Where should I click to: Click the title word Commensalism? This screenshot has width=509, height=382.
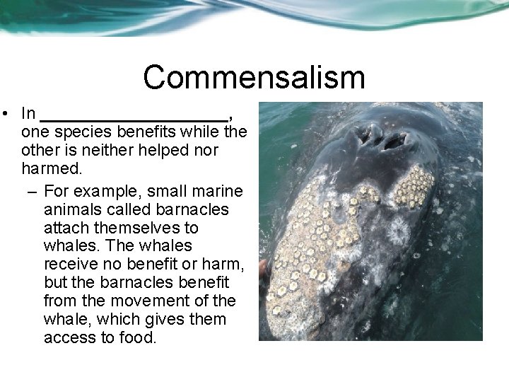(254, 77)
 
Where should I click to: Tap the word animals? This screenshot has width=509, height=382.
(71, 209)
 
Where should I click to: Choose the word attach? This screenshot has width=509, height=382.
(64, 228)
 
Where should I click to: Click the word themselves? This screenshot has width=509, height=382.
(144, 228)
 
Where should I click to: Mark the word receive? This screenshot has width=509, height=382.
(71, 265)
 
